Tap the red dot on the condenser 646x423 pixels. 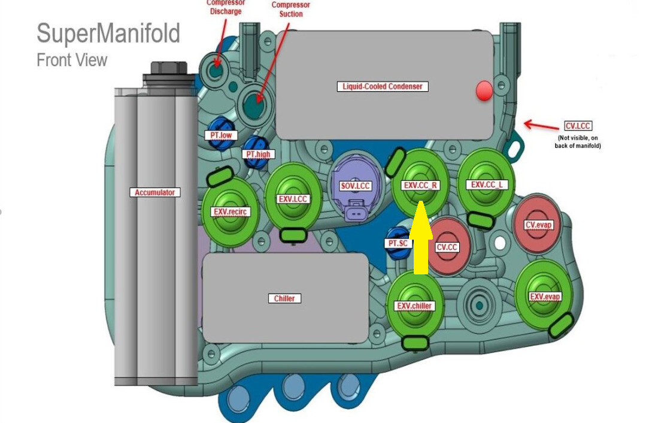tap(484, 91)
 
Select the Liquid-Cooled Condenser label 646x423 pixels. tap(382, 86)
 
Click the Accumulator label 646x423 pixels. tap(154, 192)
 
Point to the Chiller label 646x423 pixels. tap(284, 298)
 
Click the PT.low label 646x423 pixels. tap(221, 135)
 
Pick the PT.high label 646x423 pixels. tap(258, 154)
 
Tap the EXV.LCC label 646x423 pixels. tap(293, 198)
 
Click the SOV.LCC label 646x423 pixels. tap(356, 186)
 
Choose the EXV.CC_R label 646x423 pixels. tap(421, 185)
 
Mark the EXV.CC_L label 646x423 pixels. tap(489, 185)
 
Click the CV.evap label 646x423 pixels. tap(538, 225)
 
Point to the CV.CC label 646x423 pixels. tap(447, 247)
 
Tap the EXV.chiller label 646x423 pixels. tap(414, 306)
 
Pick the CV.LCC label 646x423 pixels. tap(578, 126)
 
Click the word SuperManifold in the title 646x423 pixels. tap(108, 34)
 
